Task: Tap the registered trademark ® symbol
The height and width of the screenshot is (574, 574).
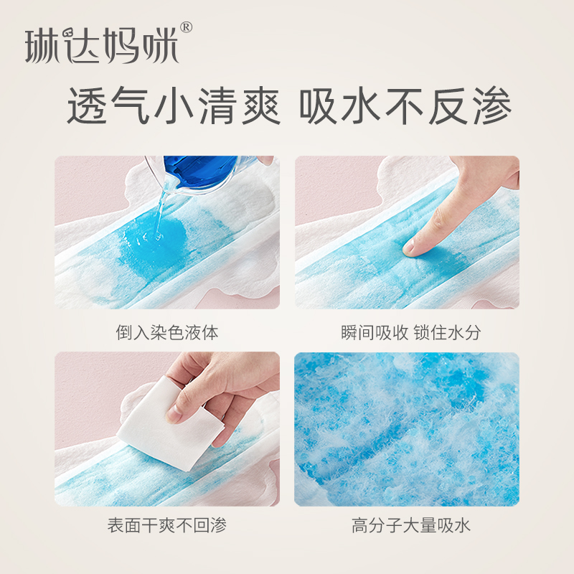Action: [x=186, y=28]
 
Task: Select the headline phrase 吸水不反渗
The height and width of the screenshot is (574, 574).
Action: [x=405, y=108]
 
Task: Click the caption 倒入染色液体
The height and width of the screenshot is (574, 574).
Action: [x=166, y=333]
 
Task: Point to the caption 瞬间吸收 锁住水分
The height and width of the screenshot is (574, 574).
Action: [x=407, y=333]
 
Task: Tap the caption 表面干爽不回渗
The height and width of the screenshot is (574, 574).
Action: [x=166, y=525]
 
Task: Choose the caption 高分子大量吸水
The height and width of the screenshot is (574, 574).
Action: [x=407, y=525]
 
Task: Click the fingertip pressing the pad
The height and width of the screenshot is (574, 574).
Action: [x=412, y=247]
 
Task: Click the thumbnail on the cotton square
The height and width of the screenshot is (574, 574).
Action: [x=179, y=412]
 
